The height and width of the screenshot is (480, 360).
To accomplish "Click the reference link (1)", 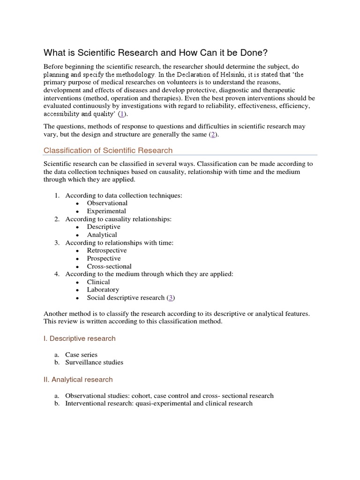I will coord(122,114).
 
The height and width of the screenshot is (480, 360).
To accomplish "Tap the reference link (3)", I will coord(171,298).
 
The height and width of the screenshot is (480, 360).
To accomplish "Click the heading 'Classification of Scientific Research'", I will coord(108,150).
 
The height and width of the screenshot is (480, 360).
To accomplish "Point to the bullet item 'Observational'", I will coord(107,203).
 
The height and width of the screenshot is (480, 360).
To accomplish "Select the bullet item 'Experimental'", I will coord(106,211).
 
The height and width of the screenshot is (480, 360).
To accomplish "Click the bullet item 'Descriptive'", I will coord(104,227).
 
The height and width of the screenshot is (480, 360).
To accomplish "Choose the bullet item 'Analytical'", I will coord(102,235).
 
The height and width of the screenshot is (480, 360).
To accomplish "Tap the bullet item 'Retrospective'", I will coord(107,250).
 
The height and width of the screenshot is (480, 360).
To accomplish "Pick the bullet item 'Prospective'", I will coord(104,258).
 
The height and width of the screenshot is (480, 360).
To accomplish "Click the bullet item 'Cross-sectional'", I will coord(109,266).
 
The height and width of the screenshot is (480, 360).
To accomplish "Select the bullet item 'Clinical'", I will coord(98,282).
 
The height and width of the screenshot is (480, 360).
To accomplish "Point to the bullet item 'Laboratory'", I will coord(103,290).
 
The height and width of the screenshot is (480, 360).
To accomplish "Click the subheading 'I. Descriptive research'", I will coord(79,338).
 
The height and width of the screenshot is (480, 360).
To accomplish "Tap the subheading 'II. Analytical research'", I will coord(78,379).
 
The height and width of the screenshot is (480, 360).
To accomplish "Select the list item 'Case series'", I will coord(81,354).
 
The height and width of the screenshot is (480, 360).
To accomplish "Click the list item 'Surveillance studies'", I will coord(94,362).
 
